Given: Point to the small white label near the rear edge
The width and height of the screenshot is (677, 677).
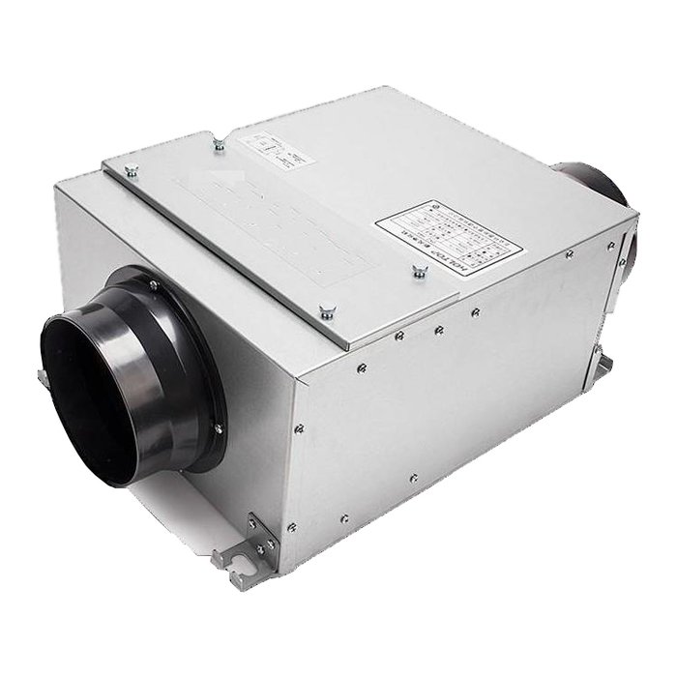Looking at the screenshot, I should click(x=274, y=147).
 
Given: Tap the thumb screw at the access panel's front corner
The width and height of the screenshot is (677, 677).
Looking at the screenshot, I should click(x=325, y=311).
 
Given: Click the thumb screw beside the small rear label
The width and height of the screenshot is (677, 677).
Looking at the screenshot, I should click(x=219, y=145).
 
